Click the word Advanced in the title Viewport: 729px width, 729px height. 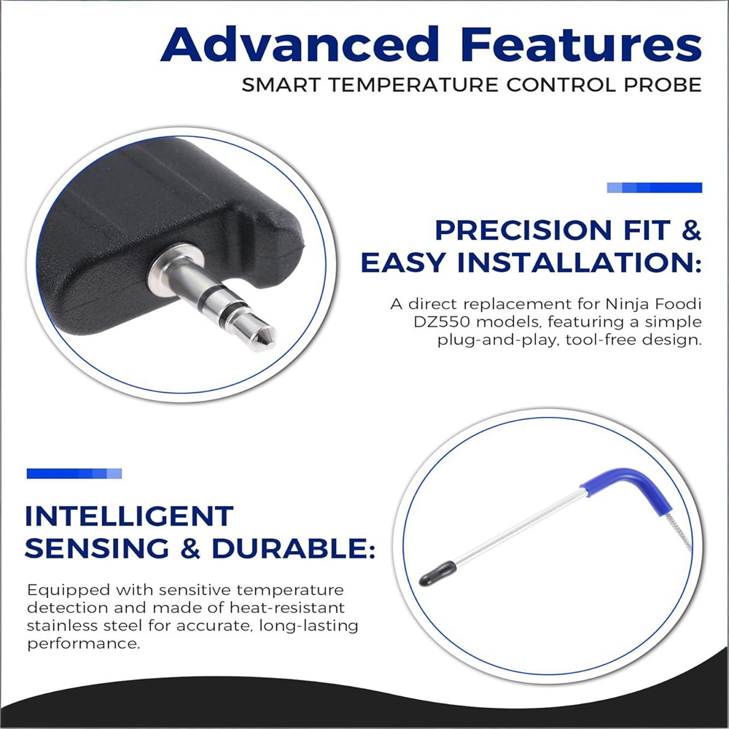click(x=300, y=44)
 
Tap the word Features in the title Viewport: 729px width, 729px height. click(x=581, y=44)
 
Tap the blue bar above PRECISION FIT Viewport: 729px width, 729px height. click(x=654, y=187)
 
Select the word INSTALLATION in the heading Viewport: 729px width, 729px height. click(x=580, y=263)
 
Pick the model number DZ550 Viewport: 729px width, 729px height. click(x=443, y=321)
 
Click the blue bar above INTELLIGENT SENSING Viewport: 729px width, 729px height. click(x=74, y=473)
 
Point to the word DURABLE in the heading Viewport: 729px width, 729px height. click(x=293, y=549)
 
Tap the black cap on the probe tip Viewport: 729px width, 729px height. click(x=437, y=573)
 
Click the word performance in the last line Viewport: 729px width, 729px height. click(x=83, y=644)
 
